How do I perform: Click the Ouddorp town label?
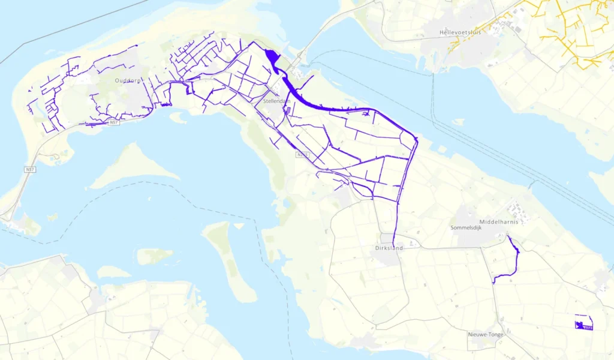128,80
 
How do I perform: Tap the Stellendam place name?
276,102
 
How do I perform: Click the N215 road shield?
303,155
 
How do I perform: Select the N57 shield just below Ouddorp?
114,122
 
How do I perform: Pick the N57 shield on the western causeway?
30,170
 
